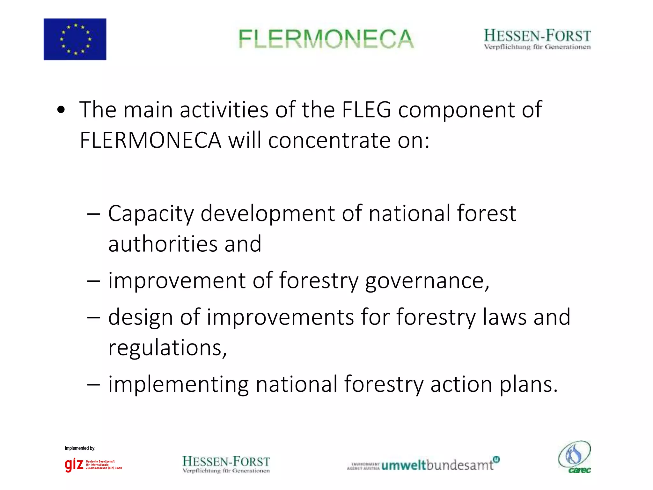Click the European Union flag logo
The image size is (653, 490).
pos(75,39)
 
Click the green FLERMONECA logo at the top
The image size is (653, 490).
pos(326,39)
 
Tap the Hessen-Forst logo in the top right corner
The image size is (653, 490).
pos(537,39)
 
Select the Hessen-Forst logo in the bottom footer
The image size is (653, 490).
pos(226,464)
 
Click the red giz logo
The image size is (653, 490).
pos(74,464)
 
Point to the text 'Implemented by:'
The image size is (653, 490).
pos(80,448)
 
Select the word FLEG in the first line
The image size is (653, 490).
pos(366,110)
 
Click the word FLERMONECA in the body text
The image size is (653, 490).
pos(150,140)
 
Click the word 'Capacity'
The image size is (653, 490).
pos(150,214)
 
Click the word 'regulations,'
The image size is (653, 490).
pos(167,348)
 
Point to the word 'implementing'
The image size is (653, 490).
pos(178,385)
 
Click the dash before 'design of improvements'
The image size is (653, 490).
pos(93,318)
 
